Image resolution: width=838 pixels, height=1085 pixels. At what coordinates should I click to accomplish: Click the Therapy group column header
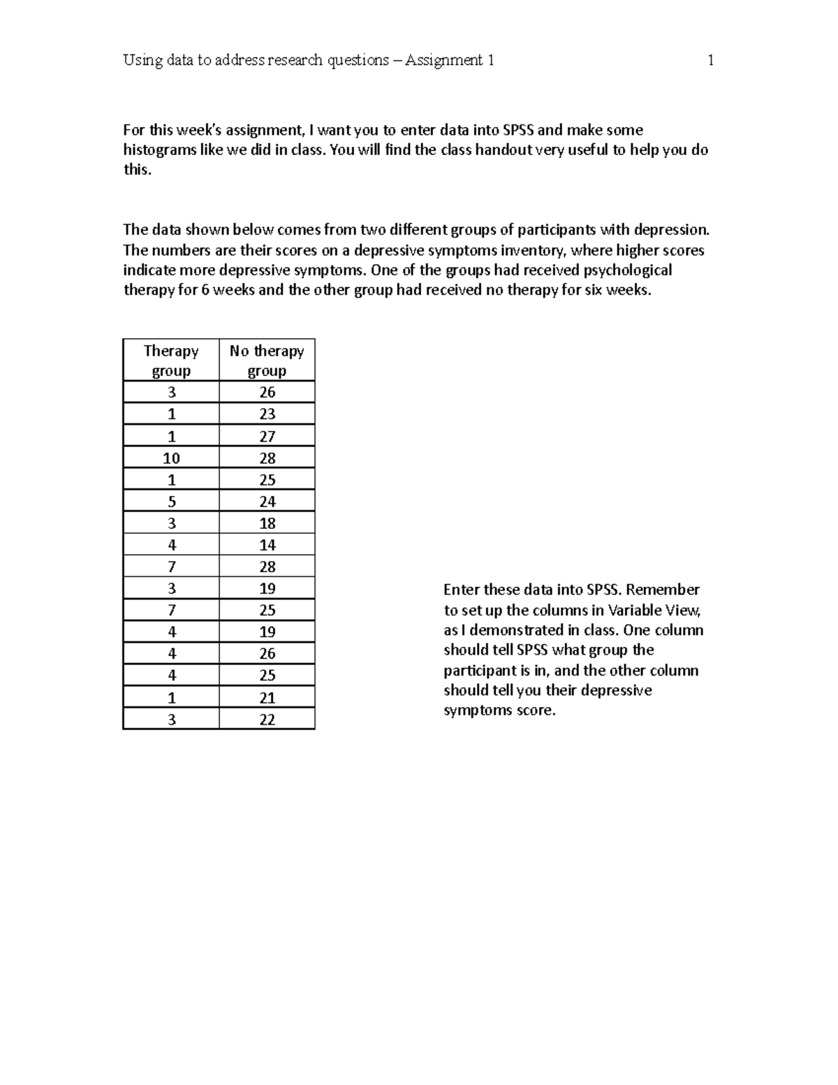[171, 361]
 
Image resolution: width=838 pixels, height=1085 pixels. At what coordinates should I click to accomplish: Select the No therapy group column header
[267, 361]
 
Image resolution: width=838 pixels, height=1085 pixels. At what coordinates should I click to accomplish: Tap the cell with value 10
[171, 458]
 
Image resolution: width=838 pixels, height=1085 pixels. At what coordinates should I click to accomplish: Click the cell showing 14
[267, 545]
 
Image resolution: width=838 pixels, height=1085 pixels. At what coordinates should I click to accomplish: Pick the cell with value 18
[267, 523]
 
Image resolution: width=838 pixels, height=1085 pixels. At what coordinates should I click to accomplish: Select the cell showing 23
[267, 414]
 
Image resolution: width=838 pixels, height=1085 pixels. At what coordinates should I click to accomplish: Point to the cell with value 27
[267, 436]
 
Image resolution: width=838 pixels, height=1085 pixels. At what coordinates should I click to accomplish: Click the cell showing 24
[267, 502]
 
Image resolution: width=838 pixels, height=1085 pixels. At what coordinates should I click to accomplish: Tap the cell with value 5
[171, 502]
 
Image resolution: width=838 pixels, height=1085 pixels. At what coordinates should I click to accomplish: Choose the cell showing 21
[267, 697]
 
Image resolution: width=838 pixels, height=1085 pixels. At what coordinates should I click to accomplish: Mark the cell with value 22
[267, 719]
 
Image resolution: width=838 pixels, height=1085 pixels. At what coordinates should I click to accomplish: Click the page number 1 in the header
[710, 60]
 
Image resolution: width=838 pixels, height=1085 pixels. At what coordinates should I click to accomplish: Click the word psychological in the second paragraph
[627, 270]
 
